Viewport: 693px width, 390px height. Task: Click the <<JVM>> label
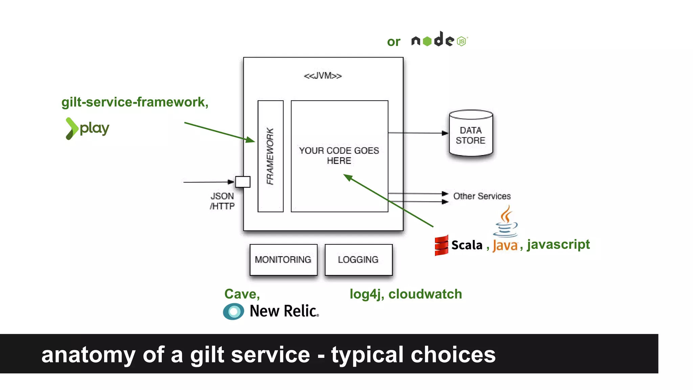pos(322,76)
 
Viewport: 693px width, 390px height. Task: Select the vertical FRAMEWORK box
pos(270,156)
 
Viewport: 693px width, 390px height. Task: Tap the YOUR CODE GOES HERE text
pos(339,155)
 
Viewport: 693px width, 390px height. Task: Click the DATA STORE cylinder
pos(471,134)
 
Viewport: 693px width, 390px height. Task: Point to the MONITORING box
pos(283,260)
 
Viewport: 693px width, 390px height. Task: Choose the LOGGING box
pos(358,260)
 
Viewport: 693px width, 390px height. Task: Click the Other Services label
pos(482,196)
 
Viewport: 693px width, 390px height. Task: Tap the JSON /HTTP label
pos(222,201)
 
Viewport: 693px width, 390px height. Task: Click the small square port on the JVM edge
pos(243,182)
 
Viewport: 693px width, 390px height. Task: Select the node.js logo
pos(439,40)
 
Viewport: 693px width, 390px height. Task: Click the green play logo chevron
pos(71,128)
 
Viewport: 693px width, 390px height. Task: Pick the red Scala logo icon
pos(441,245)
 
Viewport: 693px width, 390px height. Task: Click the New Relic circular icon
pos(233,311)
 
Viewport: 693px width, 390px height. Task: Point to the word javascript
pos(558,244)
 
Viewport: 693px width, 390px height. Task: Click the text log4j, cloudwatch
pos(405,294)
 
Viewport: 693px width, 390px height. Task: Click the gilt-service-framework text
pos(135,102)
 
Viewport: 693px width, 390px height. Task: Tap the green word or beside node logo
pos(394,42)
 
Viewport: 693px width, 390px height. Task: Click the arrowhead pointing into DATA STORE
pos(445,133)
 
